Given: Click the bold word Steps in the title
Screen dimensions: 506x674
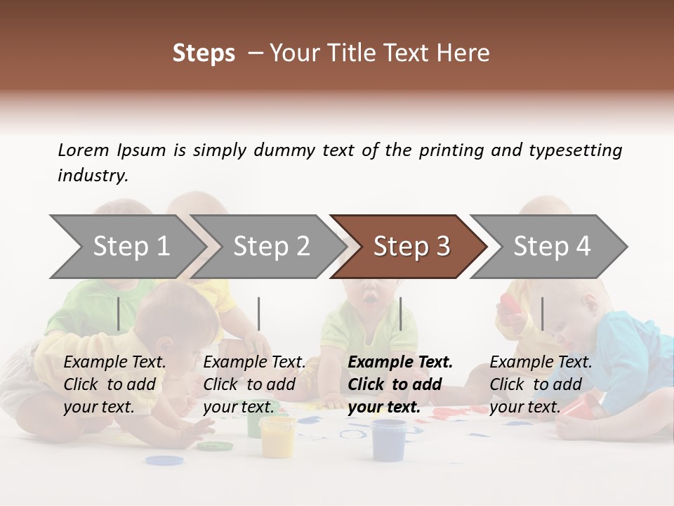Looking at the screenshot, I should click(x=204, y=53).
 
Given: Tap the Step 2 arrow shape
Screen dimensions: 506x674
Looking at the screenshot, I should click(x=267, y=247).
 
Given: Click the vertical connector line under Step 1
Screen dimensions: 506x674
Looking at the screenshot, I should click(x=119, y=313).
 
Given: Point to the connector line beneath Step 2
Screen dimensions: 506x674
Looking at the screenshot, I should click(x=259, y=313).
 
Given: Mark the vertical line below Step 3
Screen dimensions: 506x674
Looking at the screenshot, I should click(x=400, y=313).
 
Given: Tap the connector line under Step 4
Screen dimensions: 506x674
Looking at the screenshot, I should click(x=542, y=313).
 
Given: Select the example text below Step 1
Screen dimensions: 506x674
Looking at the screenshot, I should click(x=114, y=384).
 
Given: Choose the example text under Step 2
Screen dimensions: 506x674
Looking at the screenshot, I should click(x=254, y=384).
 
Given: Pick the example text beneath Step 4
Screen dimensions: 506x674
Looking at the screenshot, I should click(x=541, y=384).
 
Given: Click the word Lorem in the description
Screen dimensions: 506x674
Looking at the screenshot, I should click(x=83, y=150).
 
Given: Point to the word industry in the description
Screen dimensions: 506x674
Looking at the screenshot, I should click(x=93, y=176).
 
